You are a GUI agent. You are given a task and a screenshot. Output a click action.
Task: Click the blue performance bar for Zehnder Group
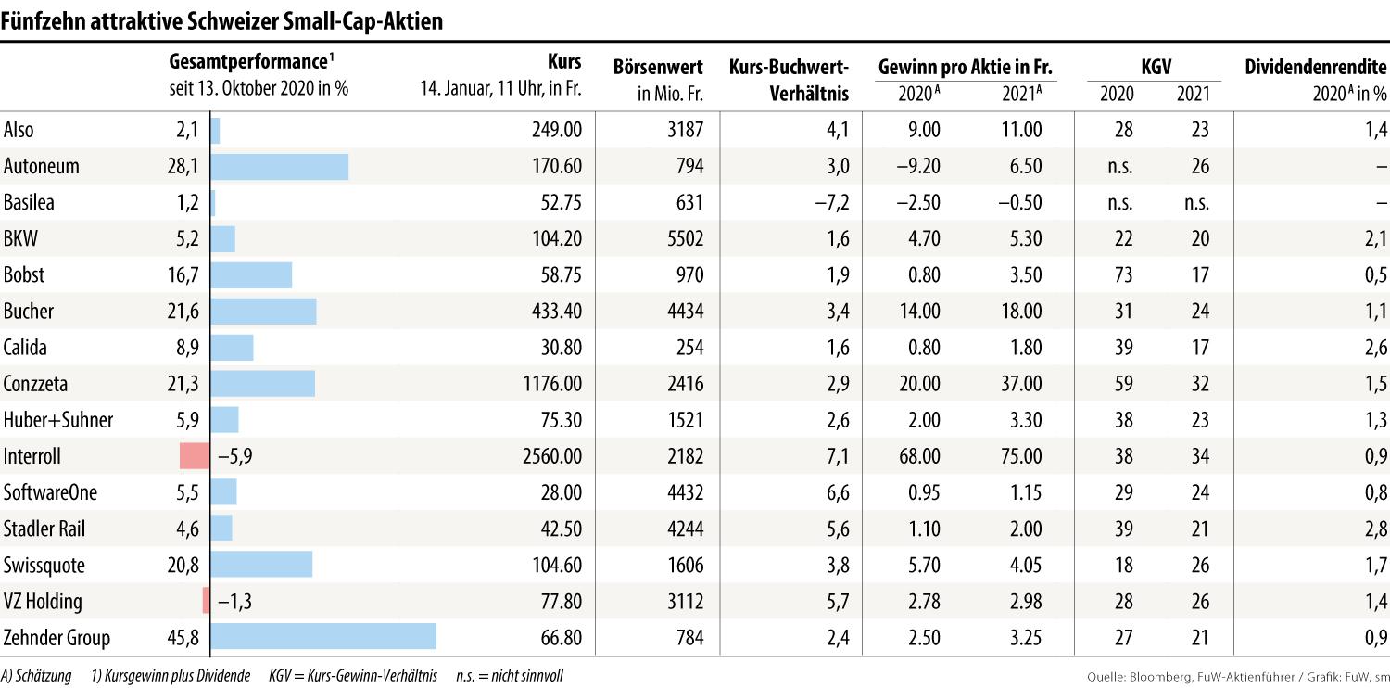pos(323,638)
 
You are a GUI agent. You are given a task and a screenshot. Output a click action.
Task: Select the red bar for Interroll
pos(195,456)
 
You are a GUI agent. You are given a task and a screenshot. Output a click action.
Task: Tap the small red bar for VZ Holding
pos(206,602)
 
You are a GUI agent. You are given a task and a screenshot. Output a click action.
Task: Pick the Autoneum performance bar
pos(280,167)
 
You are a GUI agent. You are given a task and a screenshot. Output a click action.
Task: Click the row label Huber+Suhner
pos(57,420)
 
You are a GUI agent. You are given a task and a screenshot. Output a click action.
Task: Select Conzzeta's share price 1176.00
pos(550,384)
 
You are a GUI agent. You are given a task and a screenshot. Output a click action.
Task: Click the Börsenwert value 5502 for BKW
pos(685,239)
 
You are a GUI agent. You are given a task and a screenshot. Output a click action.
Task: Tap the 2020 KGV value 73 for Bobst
pos(1123,275)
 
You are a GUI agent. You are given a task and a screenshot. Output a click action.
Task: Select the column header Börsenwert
pos(658,67)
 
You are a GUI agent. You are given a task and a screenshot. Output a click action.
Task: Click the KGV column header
pos(1154,67)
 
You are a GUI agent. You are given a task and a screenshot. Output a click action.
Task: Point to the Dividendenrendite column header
pos(1316,67)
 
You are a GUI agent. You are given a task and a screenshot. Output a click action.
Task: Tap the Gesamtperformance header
pos(248,63)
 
